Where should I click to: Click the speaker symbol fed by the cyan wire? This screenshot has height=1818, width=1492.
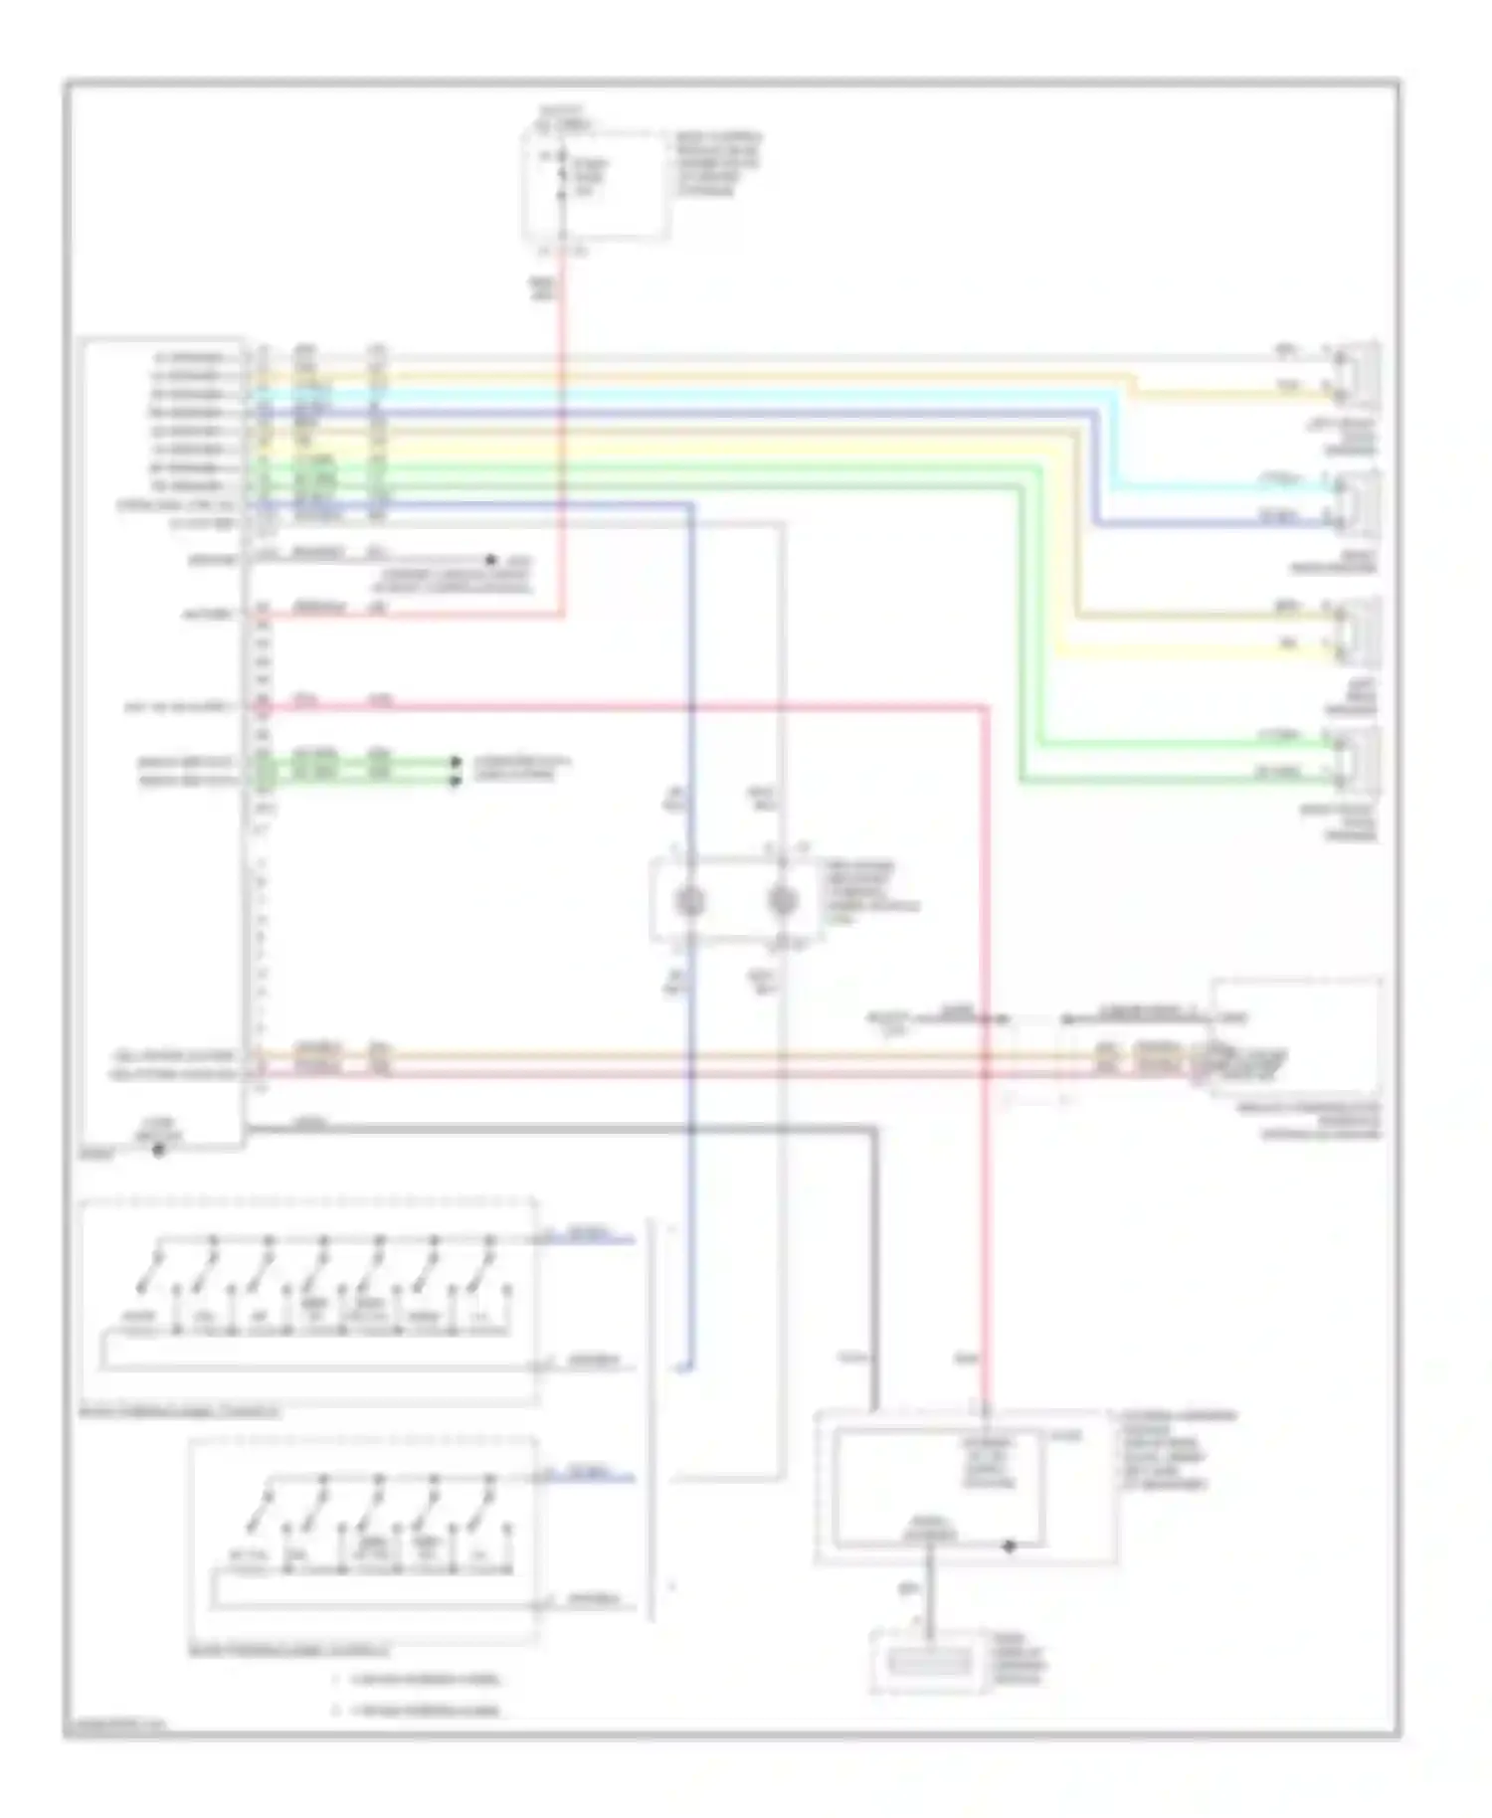1359,503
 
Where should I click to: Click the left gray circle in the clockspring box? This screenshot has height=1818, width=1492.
689,901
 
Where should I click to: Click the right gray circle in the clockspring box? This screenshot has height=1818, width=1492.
783,901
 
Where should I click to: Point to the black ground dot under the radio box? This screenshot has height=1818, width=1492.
158,1151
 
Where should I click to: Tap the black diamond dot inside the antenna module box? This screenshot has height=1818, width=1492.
1009,1546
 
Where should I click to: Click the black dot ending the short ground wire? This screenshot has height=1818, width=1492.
490,560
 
